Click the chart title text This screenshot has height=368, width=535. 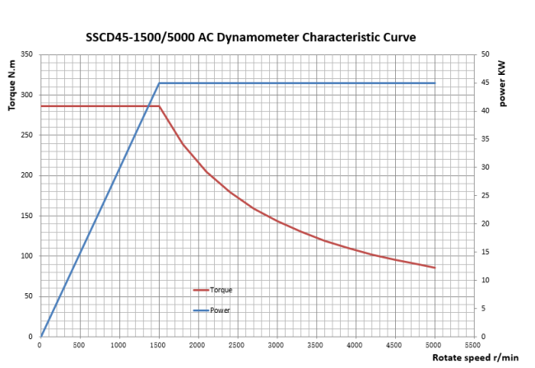pyautogui.click(x=251, y=38)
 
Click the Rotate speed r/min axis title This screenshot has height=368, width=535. pyautogui.click(x=476, y=357)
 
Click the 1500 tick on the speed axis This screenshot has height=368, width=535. pyautogui.click(x=158, y=346)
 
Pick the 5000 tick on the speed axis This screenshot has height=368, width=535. pyautogui.click(x=434, y=346)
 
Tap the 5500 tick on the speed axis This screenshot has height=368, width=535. pyautogui.click(x=472, y=346)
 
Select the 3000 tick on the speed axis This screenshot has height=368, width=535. pyautogui.click(x=276, y=346)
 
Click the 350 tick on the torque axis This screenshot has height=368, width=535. pyautogui.click(x=26, y=55)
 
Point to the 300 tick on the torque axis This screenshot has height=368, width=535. pyautogui.click(x=26, y=95)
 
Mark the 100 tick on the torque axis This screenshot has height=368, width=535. pyautogui.click(x=26, y=256)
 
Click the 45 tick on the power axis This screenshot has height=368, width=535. pyautogui.click(x=486, y=83)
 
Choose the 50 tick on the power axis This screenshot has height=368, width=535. pyautogui.click(x=486, y=55)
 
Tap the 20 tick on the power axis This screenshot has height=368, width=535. pyautogui.click(x=486, y=224)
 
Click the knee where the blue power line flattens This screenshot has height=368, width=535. pyautogui.click(x=159, y=83)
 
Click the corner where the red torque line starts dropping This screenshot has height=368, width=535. pyautogui.click(x=159, y=106)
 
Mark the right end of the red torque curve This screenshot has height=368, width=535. pyautogui.click(x=434, y=268)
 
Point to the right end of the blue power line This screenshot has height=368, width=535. pyautogui.click(x=434, y=83)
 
